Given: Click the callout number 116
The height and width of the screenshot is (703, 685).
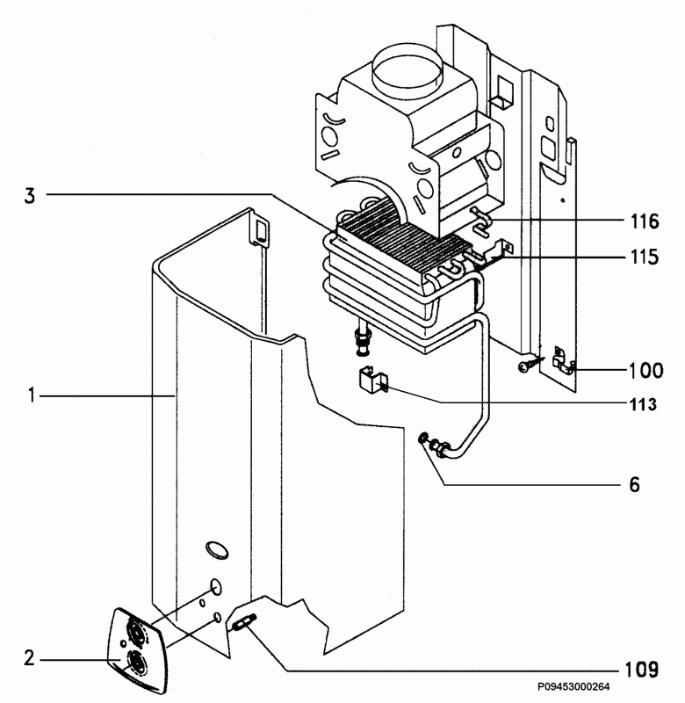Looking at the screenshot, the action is pyautogui.click(x=645, y=221).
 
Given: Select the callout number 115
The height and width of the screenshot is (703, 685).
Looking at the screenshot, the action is pyautogui.click(x=645, y=257).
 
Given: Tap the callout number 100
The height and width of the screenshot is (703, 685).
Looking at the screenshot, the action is pyautogui.click(x=646, y=371).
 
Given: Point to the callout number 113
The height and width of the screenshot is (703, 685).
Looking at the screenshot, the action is pyautogui.click(x=643, y=404).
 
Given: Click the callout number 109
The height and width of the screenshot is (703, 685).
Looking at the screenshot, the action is pyautogui.click(x=642, y=670).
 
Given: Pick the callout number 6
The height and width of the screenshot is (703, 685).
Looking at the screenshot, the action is pyautogui.click(x=634, y=485).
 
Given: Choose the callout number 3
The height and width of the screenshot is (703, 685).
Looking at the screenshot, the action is pyautogui.click(x=30, y=196).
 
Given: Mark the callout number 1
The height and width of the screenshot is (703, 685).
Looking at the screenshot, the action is pyautogui.click(x=31, y=396).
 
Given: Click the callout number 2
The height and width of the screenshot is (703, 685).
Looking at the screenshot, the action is pyautogui.click(x=29, y=658).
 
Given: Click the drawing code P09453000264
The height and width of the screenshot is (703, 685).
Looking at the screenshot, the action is pyautogui.click(x=573, y=687).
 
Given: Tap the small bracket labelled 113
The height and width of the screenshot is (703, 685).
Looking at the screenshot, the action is pyautogui.click(x=372, y=380).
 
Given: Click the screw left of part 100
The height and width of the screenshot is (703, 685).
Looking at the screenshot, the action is pyautogui.click(x=529, y=365).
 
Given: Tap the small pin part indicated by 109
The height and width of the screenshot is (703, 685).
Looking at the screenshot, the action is pyautogui.click(x=242, y=622).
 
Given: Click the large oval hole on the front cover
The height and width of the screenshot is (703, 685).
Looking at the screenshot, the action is pyautogui.click(x=217, y=550).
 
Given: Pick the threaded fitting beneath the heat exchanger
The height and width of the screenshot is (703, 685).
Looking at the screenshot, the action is pyautogui.click(x=362, y=342).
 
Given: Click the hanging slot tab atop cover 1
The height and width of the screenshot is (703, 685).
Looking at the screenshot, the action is pyautogui.click(x=260, y=229).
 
